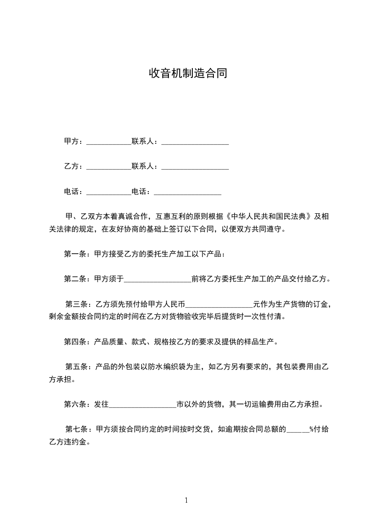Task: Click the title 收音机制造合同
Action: click(188, 73)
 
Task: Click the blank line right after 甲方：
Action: click(109, 141)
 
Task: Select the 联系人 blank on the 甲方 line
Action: click(195, 141)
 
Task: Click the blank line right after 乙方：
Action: click(109, 166)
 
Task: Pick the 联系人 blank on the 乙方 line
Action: click(195, 166)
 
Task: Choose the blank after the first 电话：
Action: click(109, 192)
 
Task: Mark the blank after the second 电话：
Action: click(188, 192)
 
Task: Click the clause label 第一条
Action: click(74, 254)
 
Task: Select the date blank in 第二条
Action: click(158, 279)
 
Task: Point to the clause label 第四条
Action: click(74, 341)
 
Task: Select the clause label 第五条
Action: click(75, 366)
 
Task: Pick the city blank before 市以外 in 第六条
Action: click(143, 404)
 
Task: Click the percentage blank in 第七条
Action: click(297, 429)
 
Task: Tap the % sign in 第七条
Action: click(311, 429)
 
